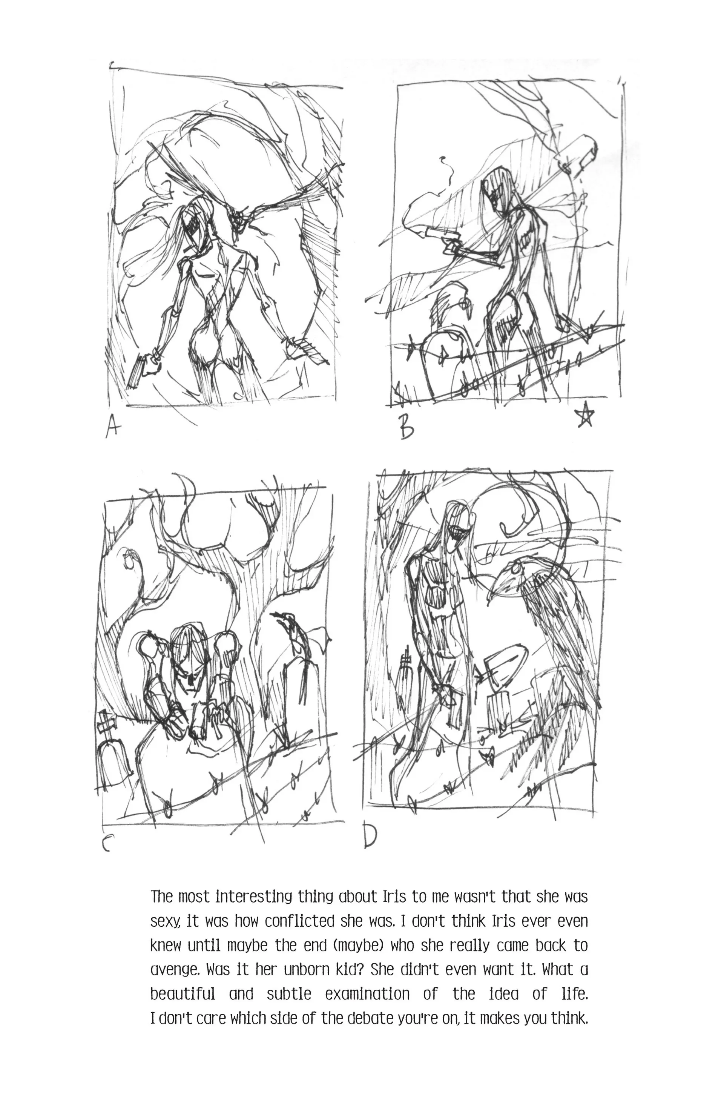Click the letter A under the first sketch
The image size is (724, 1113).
pos(111,427)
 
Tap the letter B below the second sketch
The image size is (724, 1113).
pos(406,428)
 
